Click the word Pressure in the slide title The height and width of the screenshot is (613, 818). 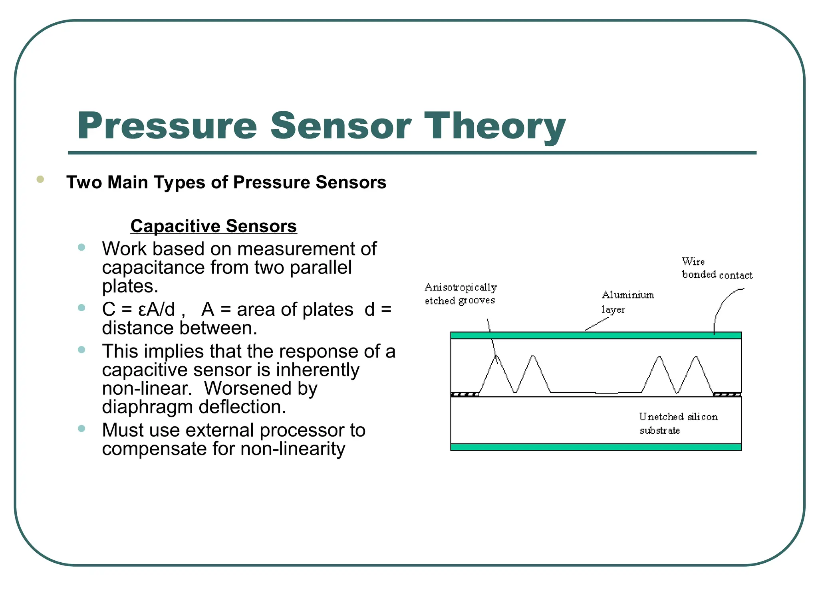[x=167, y=126]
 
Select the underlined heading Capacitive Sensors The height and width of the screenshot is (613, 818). [x=213, y=226]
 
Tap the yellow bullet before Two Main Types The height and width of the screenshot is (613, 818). [x=40, y=179]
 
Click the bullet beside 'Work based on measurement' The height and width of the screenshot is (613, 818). [x=81, y=247]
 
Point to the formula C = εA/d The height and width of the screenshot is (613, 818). [x=138, y=309]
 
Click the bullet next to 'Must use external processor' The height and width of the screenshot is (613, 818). [x=81, y=429]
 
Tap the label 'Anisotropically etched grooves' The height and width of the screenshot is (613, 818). [x=461, y=294]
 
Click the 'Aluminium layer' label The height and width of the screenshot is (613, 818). [x=627, y=302]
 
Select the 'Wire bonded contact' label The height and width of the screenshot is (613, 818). [x=717, y=268]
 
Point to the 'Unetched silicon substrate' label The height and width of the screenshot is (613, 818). [x=678, y=423]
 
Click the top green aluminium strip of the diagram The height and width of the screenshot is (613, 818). [x=596, y=335]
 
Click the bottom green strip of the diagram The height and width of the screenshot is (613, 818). [x=596, y=447]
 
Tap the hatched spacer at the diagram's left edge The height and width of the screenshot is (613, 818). [x=465, y=395]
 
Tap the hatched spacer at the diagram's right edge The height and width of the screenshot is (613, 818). [x=727, y=395]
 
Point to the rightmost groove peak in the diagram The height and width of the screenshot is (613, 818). [x=696, y=357]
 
